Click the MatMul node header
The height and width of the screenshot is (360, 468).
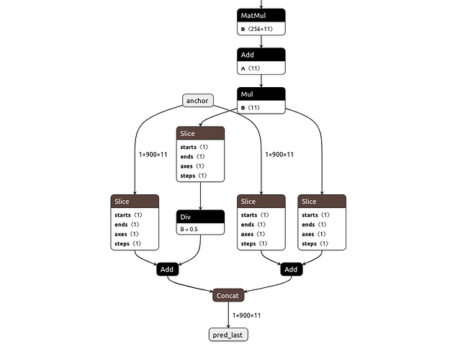point(261,15)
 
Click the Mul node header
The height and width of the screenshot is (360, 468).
point(261,94)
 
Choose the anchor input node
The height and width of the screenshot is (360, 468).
point(197,101)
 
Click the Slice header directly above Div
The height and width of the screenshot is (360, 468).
point(200,133)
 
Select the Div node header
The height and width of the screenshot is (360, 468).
point(200,216)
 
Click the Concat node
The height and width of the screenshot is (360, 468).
point(229,295)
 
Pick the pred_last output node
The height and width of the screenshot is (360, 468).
point(229,335)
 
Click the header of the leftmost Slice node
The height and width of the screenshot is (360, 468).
point(135,201)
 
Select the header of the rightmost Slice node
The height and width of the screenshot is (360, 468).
point(322,201)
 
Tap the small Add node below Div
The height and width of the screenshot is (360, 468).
point(167,269)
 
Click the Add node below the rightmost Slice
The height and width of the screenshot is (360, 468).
point(290,269)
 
